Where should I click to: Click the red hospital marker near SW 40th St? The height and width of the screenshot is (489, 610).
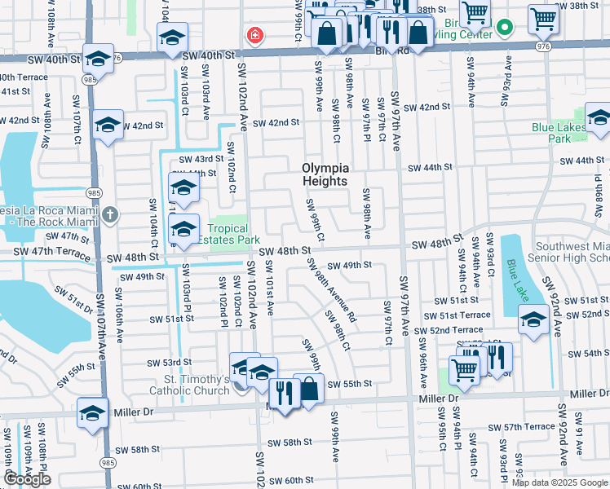pyautogui.click(x=255, y=36)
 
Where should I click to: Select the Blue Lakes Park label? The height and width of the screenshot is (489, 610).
pyautogui.click(x=563, y=133)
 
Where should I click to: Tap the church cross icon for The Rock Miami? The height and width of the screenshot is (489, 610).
pyautogui.click(x=110, y=215)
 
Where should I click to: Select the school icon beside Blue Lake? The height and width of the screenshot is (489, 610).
pyautogui.click(x=533, y=320)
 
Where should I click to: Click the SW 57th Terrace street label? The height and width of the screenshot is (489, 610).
pyautogui.click(x=521, y=427)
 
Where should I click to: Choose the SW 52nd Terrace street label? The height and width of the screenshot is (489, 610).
pyautogui.click(x=448, y=330)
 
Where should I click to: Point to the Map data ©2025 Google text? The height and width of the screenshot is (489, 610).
pyautogui.click(x=559, y=482)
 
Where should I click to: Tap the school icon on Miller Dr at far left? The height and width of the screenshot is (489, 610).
pyautogui.click(x=94, y=412)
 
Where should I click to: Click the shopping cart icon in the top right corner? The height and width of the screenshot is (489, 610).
pyautogui.click(x=543, y=17)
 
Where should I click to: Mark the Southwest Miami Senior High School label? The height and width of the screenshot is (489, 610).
pyautogui.click(x=570, y=252)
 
